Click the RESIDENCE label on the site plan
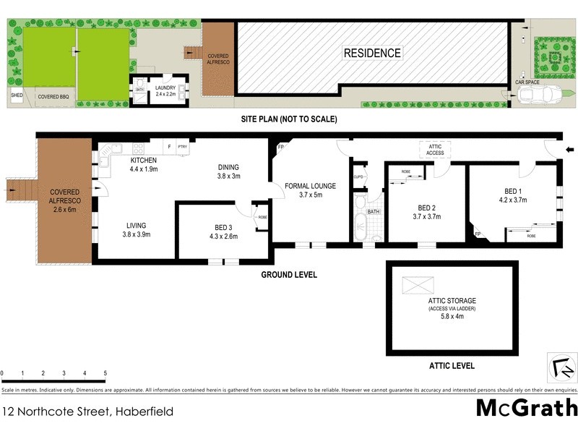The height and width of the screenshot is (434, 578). pos(372,53)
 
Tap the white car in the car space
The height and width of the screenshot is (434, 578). pos(542,95)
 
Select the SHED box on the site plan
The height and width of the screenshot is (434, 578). pos(16,95)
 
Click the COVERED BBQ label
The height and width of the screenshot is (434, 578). pos(53,96)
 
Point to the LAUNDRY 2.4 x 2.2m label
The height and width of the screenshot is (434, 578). pos(165,90)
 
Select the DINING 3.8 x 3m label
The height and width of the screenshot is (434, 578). pos(228,171)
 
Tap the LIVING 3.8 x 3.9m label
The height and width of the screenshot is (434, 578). pos(137,229)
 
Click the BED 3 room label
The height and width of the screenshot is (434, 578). pos(223,231)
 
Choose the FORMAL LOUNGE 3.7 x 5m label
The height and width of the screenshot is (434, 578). pos(309,190)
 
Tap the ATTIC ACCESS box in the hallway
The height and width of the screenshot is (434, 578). pos(436,150)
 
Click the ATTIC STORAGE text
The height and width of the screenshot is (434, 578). pos(451,300)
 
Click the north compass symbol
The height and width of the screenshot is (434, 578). pos(561,367)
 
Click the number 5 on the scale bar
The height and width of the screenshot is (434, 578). pos(105,373)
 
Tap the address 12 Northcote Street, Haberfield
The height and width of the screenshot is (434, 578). pos(87,411)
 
